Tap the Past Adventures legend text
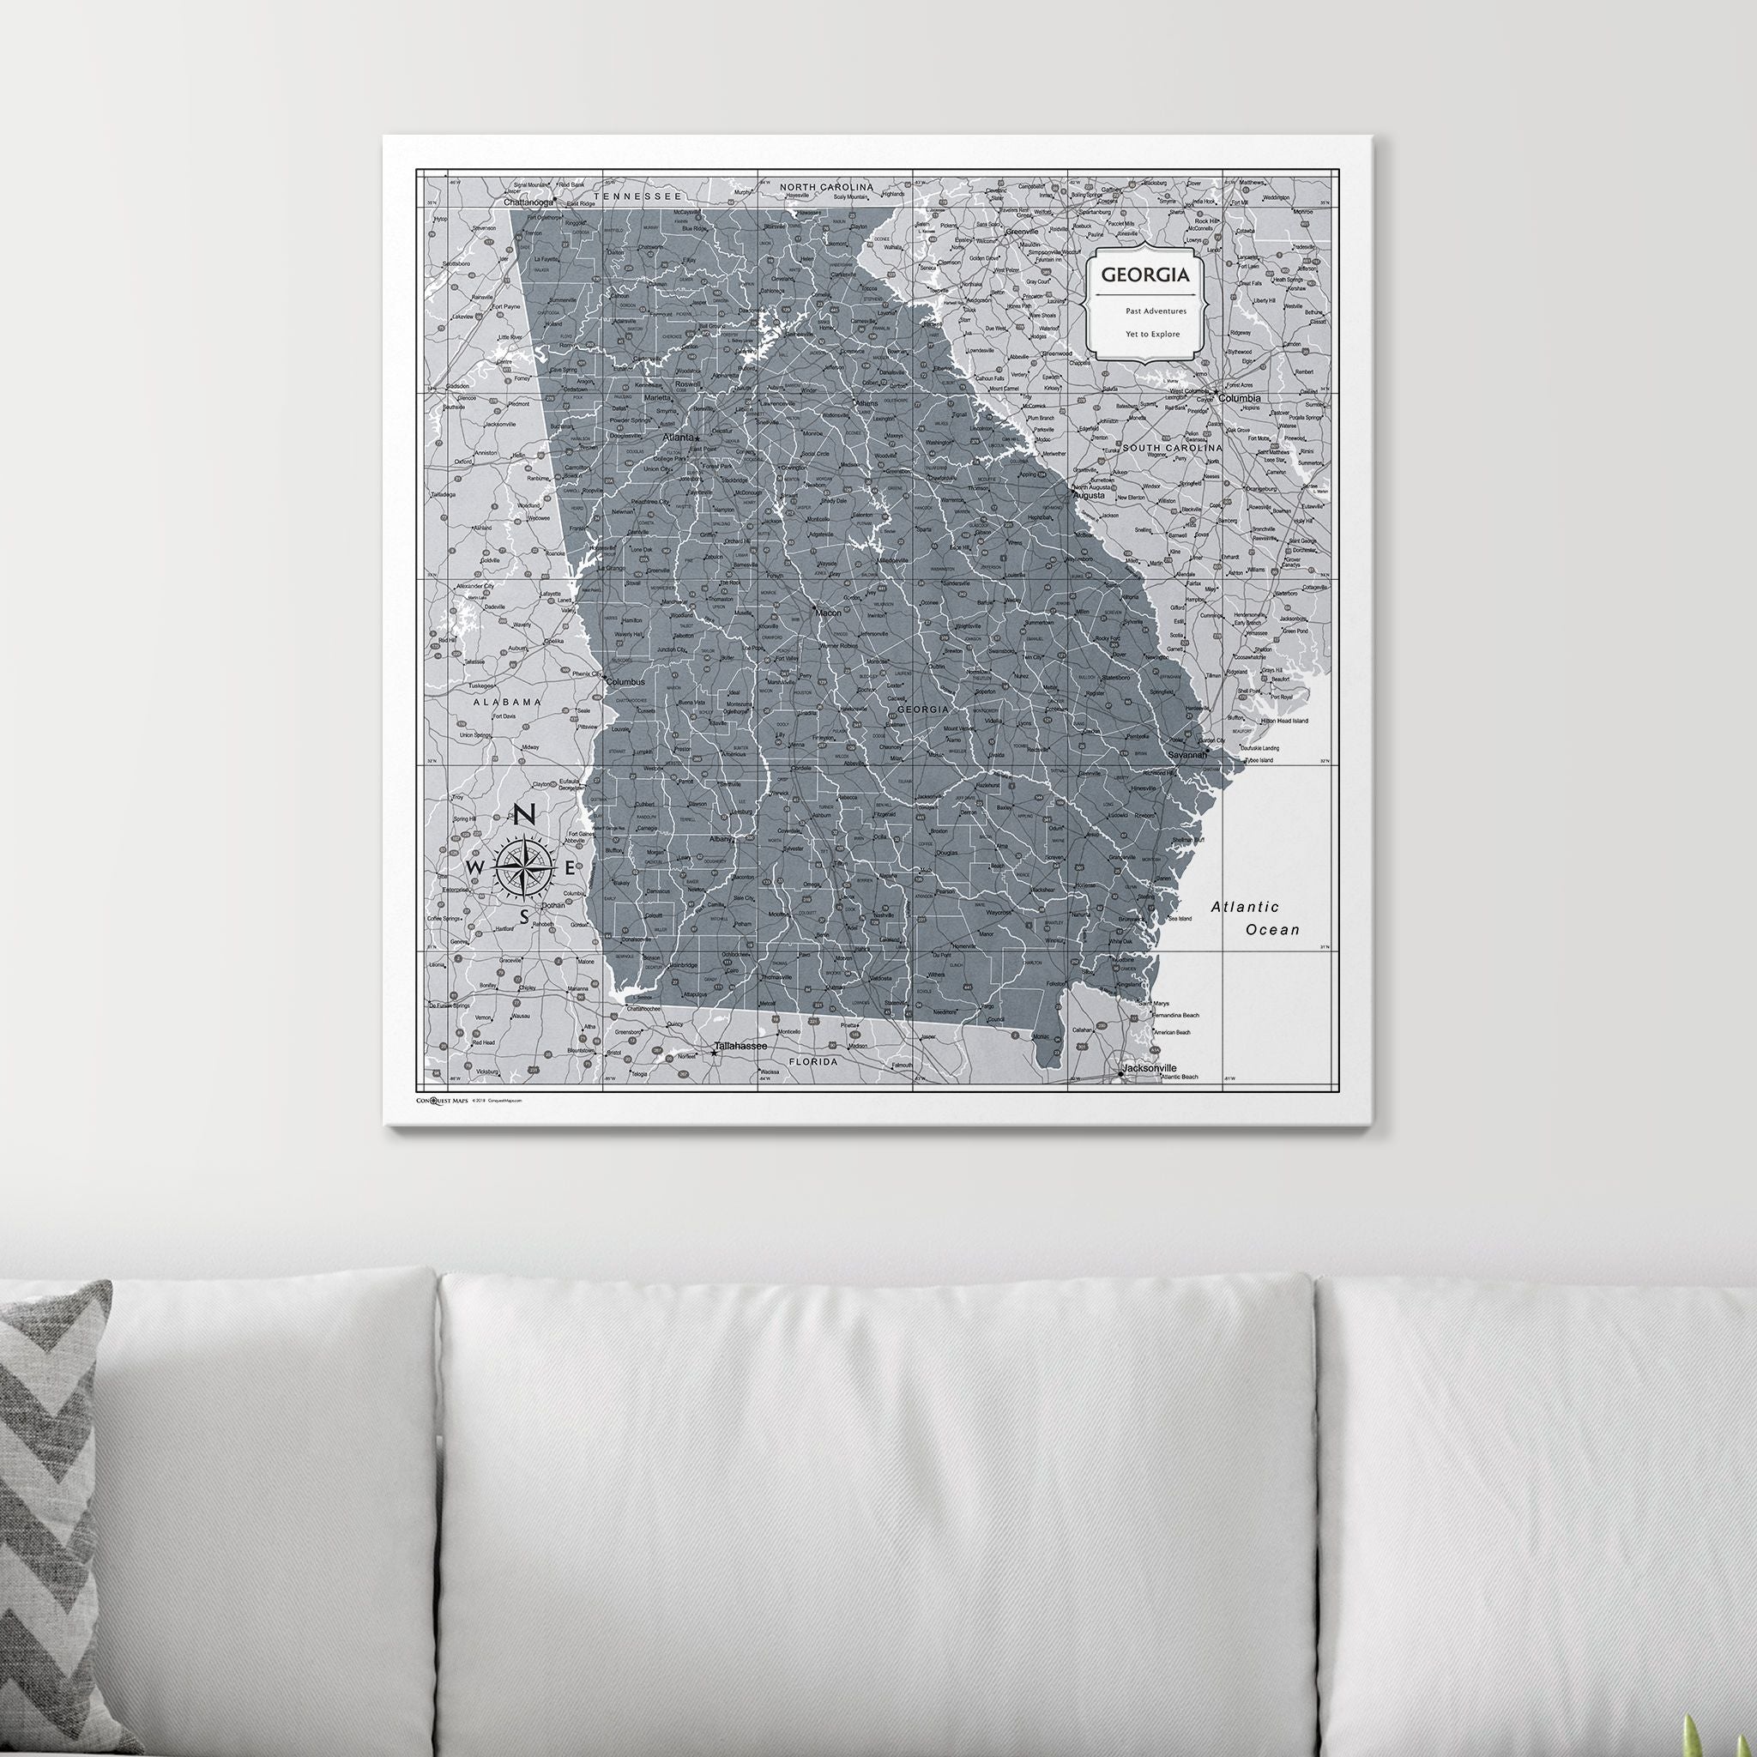(1155, 311)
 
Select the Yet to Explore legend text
(1152, 334)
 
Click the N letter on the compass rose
(525, 815)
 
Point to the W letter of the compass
(474, 867)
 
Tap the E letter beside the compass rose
(571, 867)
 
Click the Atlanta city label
(679, 438)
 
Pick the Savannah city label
(1186, 755)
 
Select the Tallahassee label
(740, 1046)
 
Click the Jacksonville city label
(1150, 1067)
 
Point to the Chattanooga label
(528, 202)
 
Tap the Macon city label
(829, 613)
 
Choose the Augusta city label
(1089, 496)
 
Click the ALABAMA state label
(506, 702)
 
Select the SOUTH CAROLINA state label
(1172, 449)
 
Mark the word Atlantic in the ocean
(1244, 907)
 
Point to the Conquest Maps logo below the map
(442, 1101)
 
